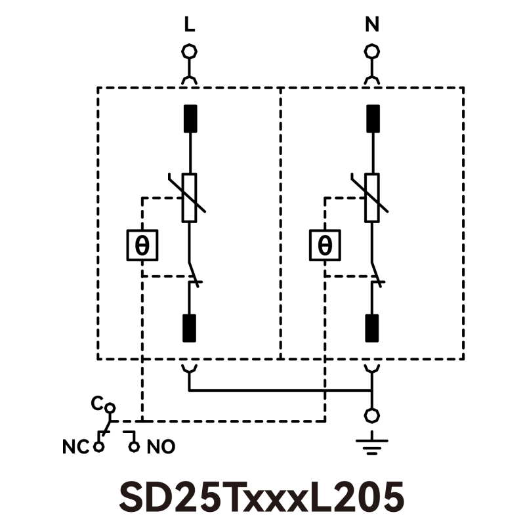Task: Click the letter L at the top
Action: [x=190, y=26]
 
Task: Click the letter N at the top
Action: [x=372, y=26]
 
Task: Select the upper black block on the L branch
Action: [x=190, y=119]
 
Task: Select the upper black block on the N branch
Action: [x=372, y=119]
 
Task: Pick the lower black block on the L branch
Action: [x=190, y=328]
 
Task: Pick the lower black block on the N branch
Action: [x=372, y=328]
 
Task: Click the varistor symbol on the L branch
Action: [x=190, y=198]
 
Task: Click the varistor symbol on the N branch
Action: [x=372, y=198]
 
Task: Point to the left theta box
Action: [x=142, y=245]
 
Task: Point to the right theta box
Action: [x=325, y=245]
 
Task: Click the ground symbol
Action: [x=372, y=445]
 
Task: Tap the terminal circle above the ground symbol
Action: [x=372, y=415]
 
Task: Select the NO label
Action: [x=161, y=448]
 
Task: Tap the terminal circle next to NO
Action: [x=135, y=448]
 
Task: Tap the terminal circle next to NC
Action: [x=99, y=448]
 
